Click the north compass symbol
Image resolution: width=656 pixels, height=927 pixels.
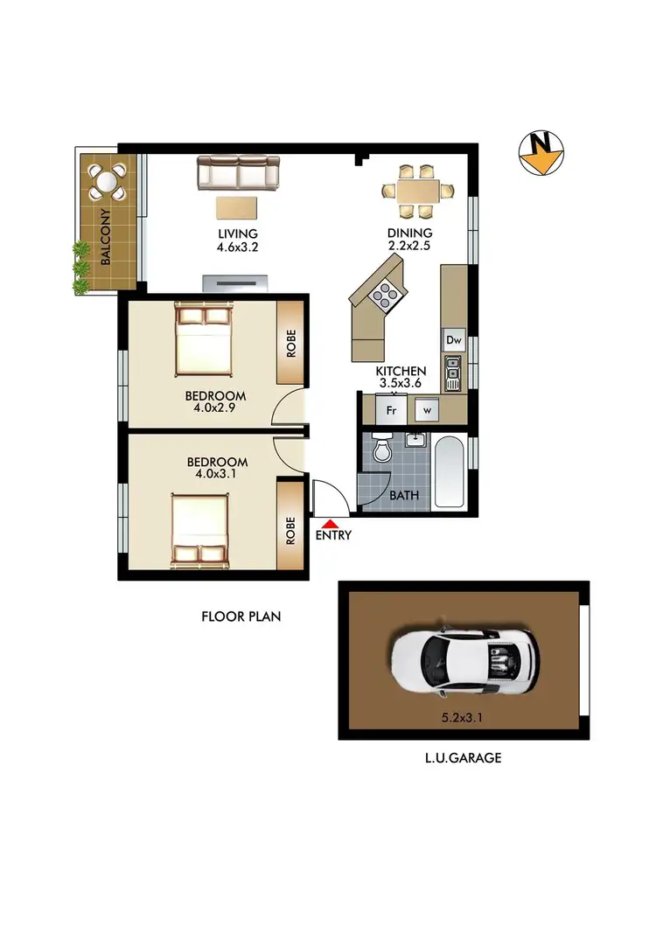coord(540,153)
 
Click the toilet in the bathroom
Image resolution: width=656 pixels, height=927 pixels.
coord(382,450)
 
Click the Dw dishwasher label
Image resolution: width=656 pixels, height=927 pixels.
coord(453,340)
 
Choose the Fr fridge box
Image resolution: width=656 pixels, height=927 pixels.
coord(389,408)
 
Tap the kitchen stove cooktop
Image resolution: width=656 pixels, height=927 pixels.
coord(385,297)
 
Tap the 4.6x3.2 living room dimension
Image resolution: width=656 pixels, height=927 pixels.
coord(238,247)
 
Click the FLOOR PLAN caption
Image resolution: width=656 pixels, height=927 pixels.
coord(241,617)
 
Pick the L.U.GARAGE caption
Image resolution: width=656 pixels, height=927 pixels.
coord(463,758)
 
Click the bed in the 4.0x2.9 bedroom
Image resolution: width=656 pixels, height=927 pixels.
coord(203,338)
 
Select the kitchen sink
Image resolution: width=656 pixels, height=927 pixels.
coord(453,373)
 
